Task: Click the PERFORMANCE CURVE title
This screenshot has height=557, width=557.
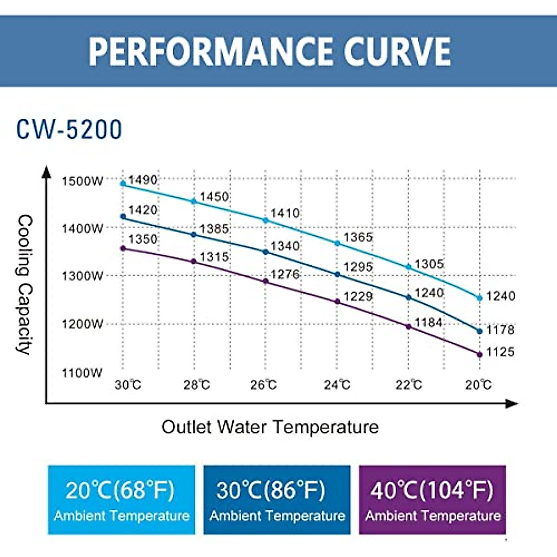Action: coord(270,51)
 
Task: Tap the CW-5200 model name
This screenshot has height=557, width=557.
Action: coord(69,130)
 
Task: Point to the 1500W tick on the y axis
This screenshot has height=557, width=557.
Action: coord(82,181)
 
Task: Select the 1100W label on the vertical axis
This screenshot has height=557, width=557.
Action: coord(82,373)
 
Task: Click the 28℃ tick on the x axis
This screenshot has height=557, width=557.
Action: coord(197,385)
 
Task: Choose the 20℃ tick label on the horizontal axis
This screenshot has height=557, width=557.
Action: coord(479,385)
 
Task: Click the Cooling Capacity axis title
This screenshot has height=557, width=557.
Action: coord(25,285)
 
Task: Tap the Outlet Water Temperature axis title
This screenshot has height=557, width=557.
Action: coord(270,427)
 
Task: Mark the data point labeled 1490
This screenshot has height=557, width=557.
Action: coord(123,183)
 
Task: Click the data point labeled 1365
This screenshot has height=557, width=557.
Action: coord(337,243)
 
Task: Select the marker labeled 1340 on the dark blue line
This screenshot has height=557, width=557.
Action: coord(266,252)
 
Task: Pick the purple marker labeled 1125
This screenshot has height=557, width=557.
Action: coord(479,355)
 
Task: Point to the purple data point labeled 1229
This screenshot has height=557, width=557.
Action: coord(337,302)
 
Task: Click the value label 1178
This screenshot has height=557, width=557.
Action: coord(500,330)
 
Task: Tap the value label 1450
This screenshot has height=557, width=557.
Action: coord(214,197)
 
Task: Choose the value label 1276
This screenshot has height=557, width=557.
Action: coord(285,274)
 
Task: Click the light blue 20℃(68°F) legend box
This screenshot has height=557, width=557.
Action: coord(122,500)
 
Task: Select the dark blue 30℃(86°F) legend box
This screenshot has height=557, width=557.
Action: coord(277,500)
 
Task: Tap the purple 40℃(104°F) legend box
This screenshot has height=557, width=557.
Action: coord(432,500)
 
